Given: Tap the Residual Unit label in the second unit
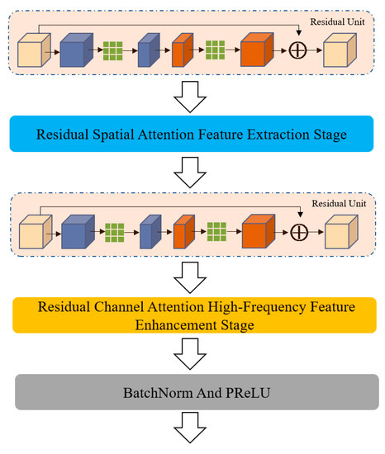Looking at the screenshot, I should point(342,203).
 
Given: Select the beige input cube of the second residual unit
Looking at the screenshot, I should point(34,234).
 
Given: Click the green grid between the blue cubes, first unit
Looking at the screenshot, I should point(115,52).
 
